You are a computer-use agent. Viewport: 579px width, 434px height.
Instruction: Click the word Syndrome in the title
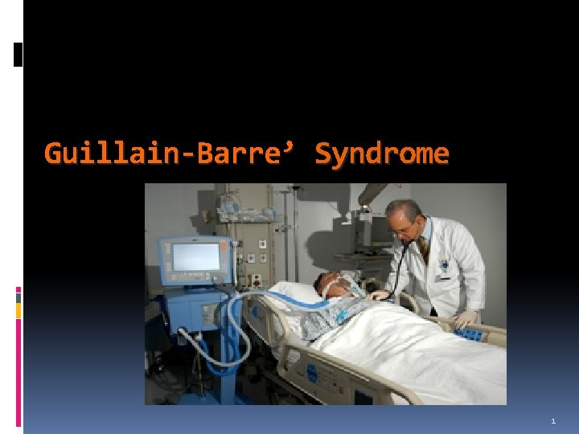click(x=382, y=153)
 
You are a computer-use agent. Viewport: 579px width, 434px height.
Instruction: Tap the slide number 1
click(x=553, y=421)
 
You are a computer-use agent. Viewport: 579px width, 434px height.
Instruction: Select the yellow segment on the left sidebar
click(x=18, y=309)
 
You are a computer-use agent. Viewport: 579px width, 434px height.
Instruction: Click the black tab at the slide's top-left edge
click(x=18, y=54)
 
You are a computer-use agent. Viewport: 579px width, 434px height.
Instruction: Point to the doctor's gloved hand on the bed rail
click(x=465, y=319)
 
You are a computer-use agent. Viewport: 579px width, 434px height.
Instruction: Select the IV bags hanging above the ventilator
click(x=233, y=206)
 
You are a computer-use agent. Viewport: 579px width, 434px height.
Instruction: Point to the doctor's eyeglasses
click(x=400, y=228)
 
